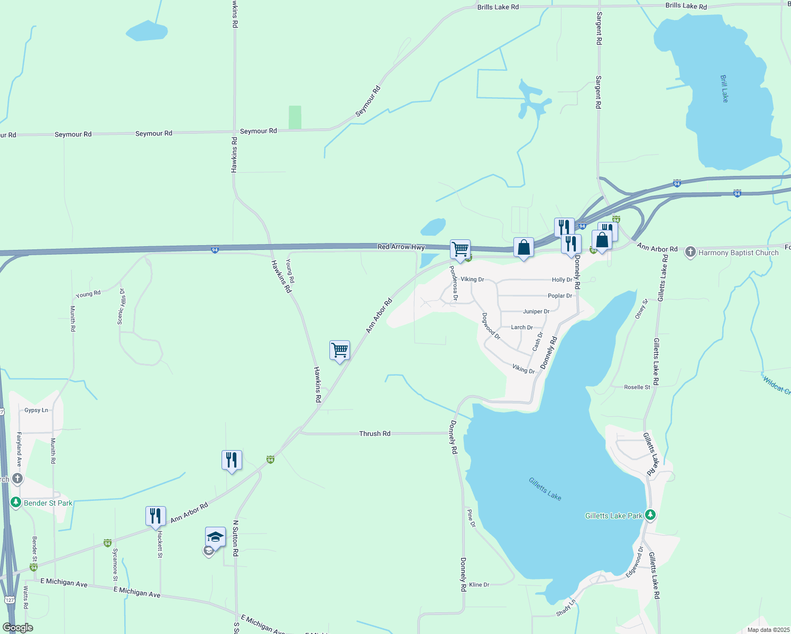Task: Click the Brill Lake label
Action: (x=724, y=88)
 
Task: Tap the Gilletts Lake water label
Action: (x=545, y=489)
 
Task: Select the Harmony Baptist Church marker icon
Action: (x=690, y=252)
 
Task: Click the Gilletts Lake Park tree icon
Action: (x=650, y=515)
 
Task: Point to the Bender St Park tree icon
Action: (x=16, y=502)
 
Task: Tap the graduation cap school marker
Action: (x=215, y=538)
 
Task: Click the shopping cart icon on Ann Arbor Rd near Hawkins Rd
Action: (x=339, y=350)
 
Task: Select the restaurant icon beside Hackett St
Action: (x=155, y=516)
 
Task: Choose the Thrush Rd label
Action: (x=374, y=434)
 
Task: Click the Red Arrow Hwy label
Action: (x=401, y=247)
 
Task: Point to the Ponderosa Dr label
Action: (x=453, y=283)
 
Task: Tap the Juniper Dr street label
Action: (x=536, y=312)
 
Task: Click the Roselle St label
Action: (x=637, y=387)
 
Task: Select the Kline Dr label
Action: (x=479, y=585)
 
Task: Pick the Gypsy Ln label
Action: (x=36, y=410)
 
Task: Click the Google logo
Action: (x=17, y=628)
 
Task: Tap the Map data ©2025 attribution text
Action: (x=768, y=630)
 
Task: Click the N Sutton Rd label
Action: (x=235, y=538)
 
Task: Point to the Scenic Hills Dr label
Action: (x=122, y=306)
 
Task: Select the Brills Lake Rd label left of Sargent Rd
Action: (x=498, y=7)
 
